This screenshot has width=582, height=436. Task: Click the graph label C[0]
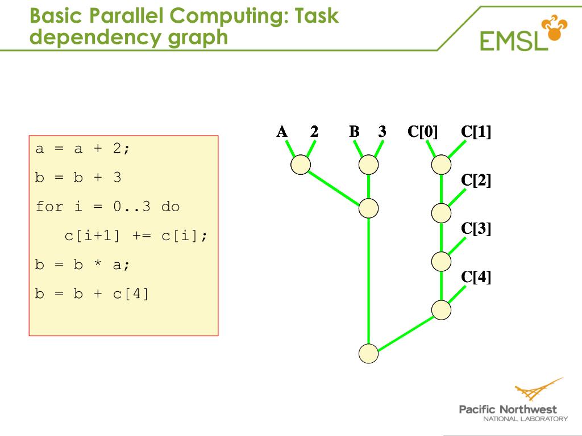422,132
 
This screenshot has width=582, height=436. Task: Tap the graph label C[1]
476,132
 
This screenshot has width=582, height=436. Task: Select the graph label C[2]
476,181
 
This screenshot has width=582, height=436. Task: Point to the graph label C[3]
476,229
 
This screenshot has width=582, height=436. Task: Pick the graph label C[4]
476,277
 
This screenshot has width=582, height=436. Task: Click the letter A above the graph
282,132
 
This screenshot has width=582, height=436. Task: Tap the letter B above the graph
354,132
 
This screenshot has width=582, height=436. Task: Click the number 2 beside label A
314,132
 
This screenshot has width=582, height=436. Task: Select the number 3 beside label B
382,132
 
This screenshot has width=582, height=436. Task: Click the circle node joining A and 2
301,165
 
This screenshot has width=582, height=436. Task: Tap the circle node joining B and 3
369,165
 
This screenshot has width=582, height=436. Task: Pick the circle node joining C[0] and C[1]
441,165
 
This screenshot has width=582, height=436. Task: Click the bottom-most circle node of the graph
369,353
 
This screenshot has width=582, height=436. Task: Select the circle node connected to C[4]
441,310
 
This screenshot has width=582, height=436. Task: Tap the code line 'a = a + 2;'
83,149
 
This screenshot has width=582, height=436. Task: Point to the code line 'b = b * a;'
83,265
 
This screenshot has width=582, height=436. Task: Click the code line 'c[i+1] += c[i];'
136,236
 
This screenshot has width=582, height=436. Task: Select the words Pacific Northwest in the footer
508,409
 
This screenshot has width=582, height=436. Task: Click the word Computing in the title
228,16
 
